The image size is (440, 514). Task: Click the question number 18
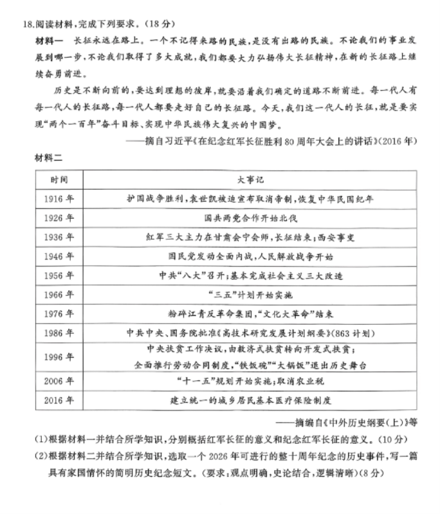pos(27,24)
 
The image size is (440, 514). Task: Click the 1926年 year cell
pos(59,218)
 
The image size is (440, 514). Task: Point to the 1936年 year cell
pos(59,237)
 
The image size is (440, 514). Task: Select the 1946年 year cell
pos(59,257)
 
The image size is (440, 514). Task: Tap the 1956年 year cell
pos(59,276)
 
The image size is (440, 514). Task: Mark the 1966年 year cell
pos(59,295)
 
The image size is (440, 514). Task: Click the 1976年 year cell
pos(59,315)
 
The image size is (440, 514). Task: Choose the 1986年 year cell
pos(59,334)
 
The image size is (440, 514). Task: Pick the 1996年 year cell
pos(59,358)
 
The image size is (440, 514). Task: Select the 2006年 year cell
pos(59,381)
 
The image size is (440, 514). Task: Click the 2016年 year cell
pos(59,400)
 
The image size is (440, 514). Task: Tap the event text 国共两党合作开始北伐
pos(250,218)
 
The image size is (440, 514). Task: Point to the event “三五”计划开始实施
pos(250,295)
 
